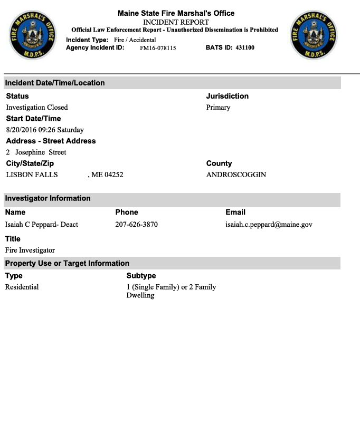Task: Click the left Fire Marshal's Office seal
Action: point(32,35)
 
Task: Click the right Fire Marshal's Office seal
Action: point(314,35)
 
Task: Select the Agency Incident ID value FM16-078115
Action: point(158,48)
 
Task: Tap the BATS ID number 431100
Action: point(245,48)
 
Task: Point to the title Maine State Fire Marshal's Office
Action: point(176,13)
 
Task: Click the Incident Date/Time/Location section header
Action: point(55,83)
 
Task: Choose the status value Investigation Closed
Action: point(37,108)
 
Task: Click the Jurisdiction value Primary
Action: point(218,108)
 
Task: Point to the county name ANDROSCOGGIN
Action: point(236,175)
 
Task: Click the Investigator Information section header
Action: point(48,198)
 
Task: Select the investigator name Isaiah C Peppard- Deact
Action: point(42,225)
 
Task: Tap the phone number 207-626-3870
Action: point(136,225)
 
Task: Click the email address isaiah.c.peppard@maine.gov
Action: point(269,225)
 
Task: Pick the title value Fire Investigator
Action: point(30,250)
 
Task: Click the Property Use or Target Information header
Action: point(67,263)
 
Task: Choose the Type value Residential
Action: point(22,287)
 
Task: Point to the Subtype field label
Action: point(141,276)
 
